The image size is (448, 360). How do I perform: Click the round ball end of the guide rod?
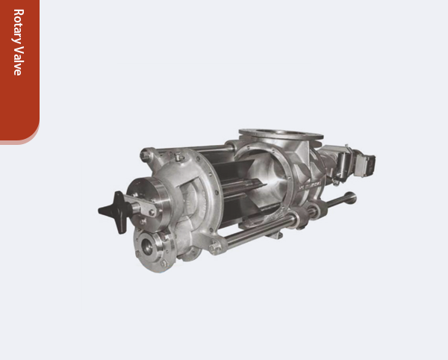(x=349, y=198)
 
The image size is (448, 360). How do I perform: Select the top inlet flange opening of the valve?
(x=280, y=137)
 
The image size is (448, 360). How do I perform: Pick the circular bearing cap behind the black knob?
(x=146, y=199)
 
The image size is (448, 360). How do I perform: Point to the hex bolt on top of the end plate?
(x=179, y=158)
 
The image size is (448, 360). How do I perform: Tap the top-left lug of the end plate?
(x=148, y=155)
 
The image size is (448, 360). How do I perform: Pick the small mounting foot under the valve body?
(x=276, y=235)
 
